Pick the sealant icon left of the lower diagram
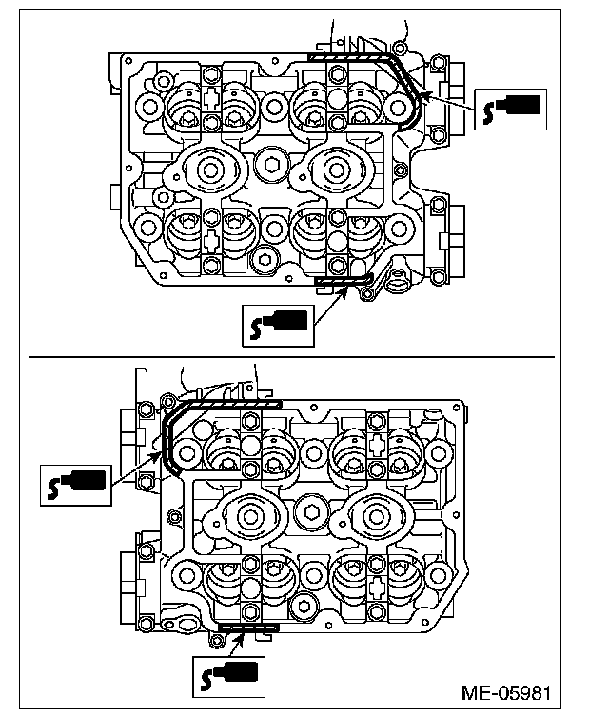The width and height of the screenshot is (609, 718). pyautogui.click(x=77, y=484)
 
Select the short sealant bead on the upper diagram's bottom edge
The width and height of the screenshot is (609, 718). pyautogui.click(x=342, y=280)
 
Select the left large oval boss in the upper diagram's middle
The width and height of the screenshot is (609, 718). pyautogui.click(x=206, y=170)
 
